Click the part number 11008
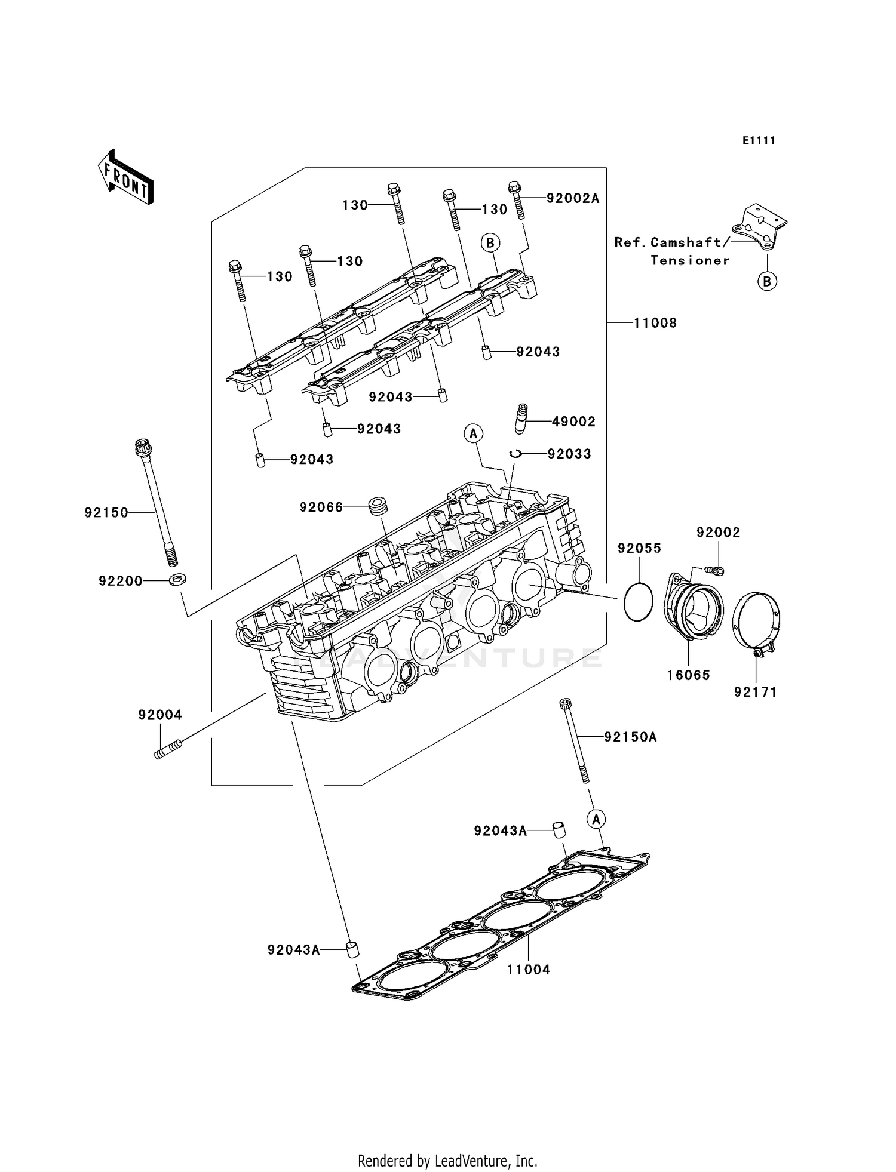click(655, 323)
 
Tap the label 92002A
click(572, 198)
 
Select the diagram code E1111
click(759, 140)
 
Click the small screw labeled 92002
click(715, 571)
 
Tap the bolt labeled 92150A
click(574, 740)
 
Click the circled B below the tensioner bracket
click(767, 281)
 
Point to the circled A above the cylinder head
click(473, 433)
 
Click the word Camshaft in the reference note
click(686, 242)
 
